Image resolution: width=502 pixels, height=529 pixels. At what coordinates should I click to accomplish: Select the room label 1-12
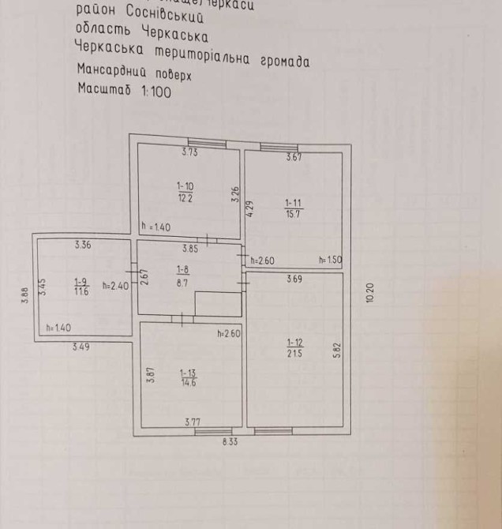[x=294, y=342]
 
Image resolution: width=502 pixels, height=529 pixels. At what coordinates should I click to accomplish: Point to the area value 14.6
[x=188, y=382]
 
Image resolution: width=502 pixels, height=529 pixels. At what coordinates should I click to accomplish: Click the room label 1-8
[x=182, y=269]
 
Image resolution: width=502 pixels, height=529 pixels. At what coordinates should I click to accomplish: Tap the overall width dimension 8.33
[x=230, y=443]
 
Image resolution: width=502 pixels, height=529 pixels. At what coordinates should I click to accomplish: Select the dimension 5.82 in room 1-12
[x=335, y=351]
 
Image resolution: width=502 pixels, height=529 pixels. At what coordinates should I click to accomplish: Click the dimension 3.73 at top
[x=189, y=152]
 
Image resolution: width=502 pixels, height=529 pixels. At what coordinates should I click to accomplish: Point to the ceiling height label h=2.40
[x=115, y=285]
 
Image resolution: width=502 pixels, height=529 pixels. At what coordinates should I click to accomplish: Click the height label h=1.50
[x=328, y=260]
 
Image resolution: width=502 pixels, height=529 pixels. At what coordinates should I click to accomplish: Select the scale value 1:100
[x=155, y=91]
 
